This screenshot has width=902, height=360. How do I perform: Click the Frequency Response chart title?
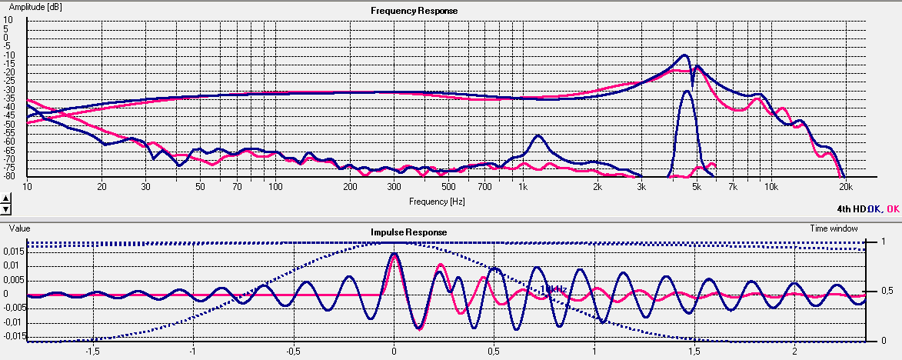coord(414,11)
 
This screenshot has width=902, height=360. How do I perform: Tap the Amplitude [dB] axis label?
coord(35,5)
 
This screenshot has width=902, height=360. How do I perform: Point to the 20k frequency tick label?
coord(845,187)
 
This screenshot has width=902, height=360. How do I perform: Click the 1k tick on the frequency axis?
coord(523,187)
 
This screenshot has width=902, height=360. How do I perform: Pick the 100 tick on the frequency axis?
coord(274,187)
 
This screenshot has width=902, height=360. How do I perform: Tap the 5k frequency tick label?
coord(696,187)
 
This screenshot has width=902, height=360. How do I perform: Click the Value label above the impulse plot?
coord(19,228)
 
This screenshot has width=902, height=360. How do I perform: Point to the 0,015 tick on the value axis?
coord(13,252)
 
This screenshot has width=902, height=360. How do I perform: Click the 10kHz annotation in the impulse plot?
coord(553,289)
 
